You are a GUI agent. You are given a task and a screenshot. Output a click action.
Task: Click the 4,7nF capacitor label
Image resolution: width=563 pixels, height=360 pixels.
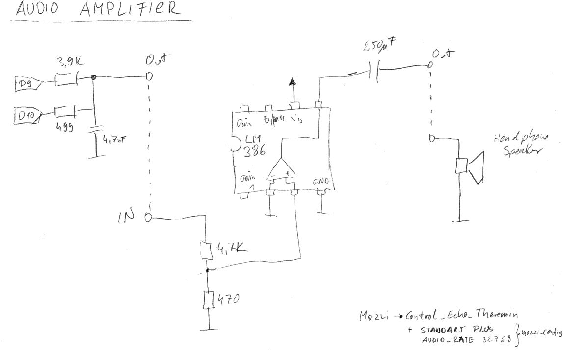point(112,141)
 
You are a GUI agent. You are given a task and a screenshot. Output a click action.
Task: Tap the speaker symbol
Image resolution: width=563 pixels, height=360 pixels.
point(469,166)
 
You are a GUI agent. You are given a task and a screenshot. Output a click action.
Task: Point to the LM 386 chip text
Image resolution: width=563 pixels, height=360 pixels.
point(254,146)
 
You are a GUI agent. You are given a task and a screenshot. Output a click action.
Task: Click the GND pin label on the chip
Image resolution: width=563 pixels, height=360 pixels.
point(322,182)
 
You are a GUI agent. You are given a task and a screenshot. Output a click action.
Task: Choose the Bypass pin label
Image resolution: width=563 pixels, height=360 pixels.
point(274,119)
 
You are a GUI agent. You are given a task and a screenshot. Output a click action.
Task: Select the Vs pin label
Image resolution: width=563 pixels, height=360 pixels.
point(297,119)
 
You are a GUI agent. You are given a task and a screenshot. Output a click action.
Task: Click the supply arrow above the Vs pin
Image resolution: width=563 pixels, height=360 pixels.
point(293,82)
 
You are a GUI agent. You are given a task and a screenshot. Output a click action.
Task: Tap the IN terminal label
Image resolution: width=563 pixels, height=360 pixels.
point(126,218)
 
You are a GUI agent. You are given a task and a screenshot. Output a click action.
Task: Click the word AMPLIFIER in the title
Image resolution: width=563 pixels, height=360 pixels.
point(129,9)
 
